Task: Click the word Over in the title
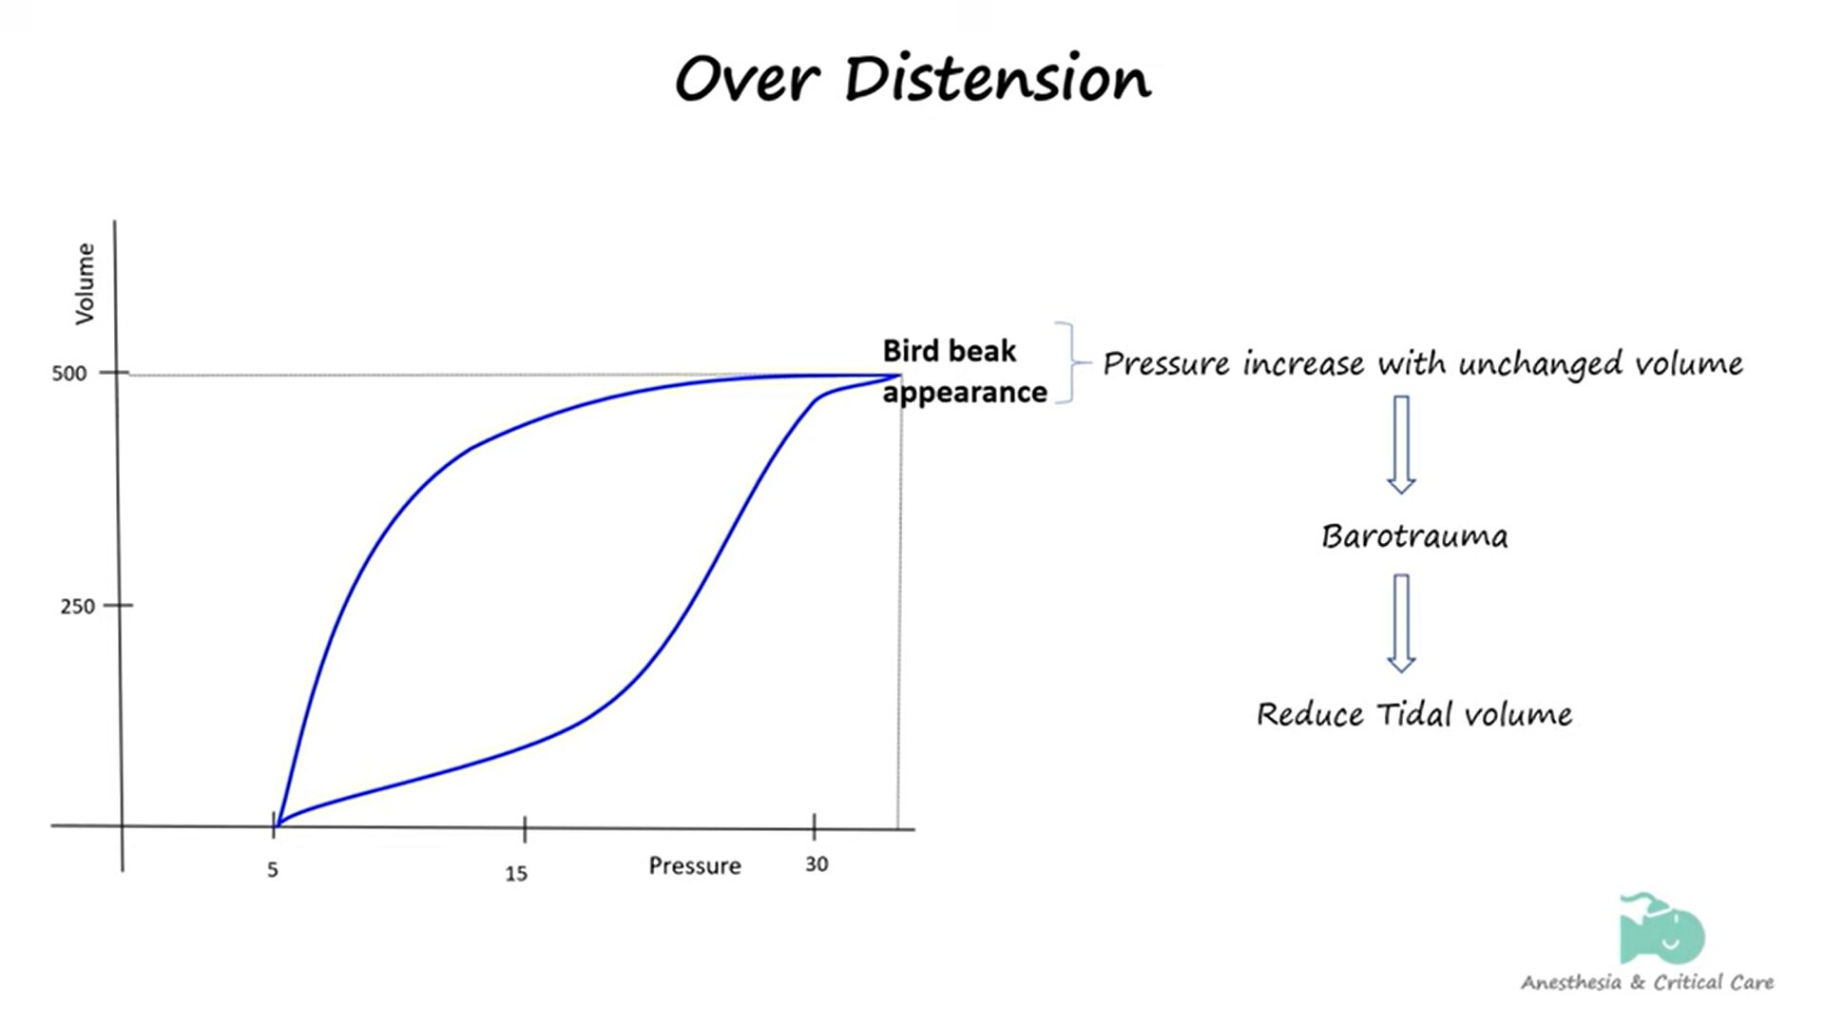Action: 747,78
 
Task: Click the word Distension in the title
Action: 998,78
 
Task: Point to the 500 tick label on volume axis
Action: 69,374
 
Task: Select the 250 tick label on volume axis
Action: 78,607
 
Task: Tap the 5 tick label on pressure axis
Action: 273,870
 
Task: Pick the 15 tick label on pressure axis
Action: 516,874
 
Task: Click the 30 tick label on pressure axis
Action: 816,864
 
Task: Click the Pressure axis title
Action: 695,866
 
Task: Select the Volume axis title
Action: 86,283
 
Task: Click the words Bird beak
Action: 950,351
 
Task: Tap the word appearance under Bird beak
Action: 965,393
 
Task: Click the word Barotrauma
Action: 1414,536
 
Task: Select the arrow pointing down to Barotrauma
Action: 1401,445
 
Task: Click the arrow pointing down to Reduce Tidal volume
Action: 1401,623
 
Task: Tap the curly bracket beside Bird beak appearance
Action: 1071,362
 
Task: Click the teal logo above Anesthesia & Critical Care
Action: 1662,928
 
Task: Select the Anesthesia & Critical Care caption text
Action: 1647,982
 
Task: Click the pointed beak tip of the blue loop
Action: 899,376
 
